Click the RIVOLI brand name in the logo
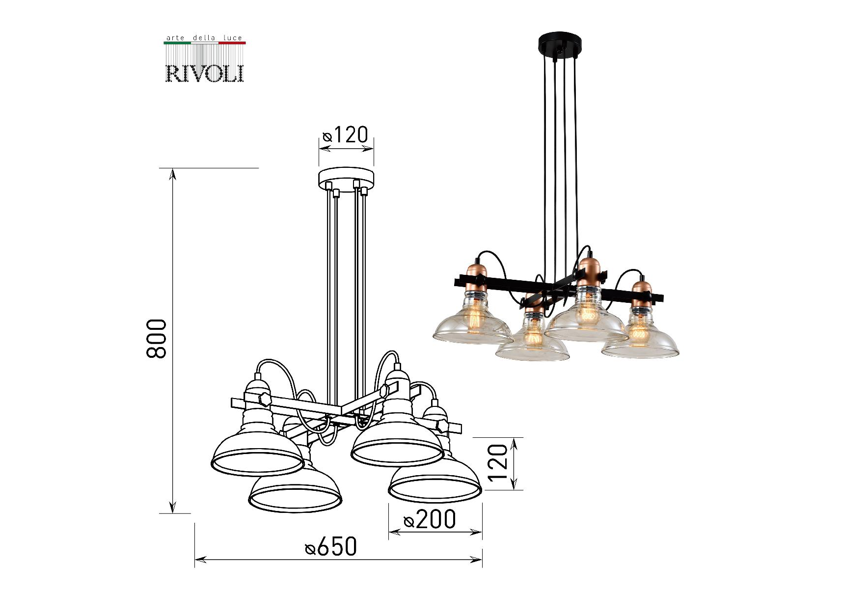[x=205, y=73]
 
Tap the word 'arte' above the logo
[x=175, y=38]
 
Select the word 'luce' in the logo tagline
[x=233, y=38]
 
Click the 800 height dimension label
[x=157, y=339]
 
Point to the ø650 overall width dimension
[x=331, y=547]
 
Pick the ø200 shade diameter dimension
[x=430, y=519]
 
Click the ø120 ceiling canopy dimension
[x=345, y=134]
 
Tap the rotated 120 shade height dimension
[x=498, y=463]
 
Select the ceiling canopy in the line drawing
[x=346, y=179]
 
